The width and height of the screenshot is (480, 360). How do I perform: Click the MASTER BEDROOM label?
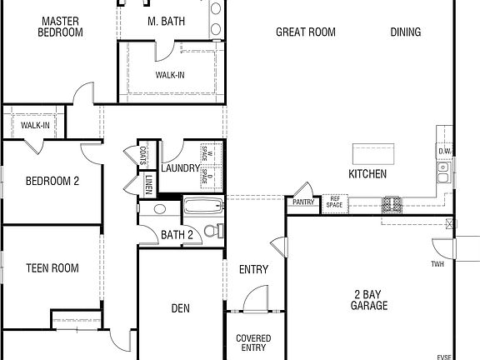click(61, 27)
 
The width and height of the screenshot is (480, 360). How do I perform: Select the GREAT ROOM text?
click(306, 32)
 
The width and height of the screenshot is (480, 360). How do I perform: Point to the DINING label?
click(405, 32)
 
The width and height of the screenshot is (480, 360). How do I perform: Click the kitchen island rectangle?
click(372, 153)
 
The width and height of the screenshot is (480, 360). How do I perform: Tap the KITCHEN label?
click(367, 174)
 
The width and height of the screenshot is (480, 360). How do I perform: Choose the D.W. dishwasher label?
click(445, 151)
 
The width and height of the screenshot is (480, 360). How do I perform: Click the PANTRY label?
click(302, 202)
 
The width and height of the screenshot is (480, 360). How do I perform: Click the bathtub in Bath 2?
click(202, 207)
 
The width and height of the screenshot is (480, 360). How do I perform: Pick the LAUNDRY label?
click(181, 168)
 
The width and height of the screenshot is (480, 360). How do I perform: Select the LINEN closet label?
click(147, 183)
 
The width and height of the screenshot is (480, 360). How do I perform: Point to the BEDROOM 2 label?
click(52, 181)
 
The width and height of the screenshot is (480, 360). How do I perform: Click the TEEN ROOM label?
click(52, 268)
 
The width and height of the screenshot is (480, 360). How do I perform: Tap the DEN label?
click(180, 308)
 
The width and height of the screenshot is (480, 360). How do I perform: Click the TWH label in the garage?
click(437, 265)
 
